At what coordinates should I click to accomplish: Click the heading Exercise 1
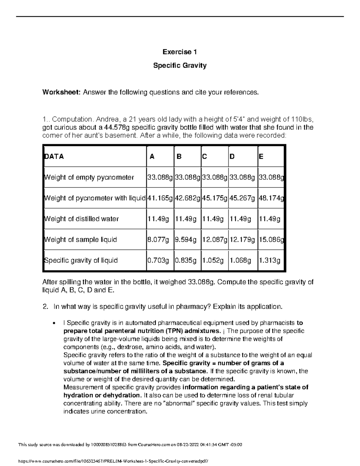coord(180,52)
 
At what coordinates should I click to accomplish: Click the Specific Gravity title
coord(180,65)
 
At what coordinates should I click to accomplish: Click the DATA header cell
coord(54,156)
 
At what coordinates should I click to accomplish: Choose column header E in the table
coord(261,156)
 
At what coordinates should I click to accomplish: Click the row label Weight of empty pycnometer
coord(89,177)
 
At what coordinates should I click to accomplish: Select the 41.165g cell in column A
coord(160,198)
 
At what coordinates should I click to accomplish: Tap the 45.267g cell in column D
coord(242,198)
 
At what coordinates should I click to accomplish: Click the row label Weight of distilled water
coord(82,219)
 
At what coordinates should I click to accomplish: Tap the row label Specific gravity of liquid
coord(81,260)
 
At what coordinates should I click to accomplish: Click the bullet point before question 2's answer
coord(54,323)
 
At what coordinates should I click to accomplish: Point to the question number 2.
coord(45,307)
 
